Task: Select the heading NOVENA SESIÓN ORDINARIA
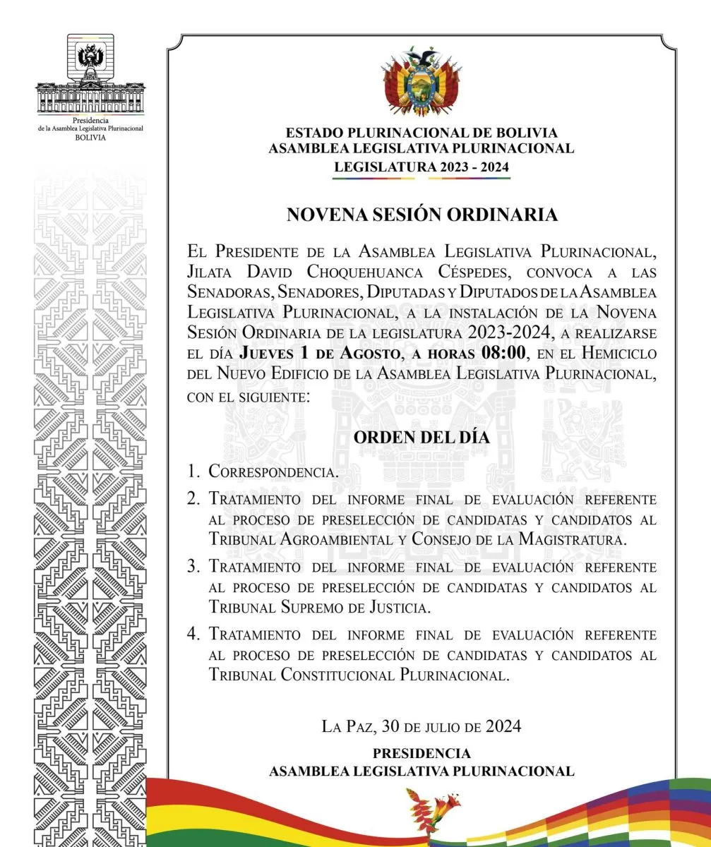(422, 215)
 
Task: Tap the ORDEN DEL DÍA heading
(422, 437)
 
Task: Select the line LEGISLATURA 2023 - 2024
(422, 167)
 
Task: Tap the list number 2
(193, 498)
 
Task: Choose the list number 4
(193, 634)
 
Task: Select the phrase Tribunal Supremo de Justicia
(319, 607)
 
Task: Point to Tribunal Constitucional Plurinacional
(359, 674)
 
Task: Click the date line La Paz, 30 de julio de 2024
(422, 726)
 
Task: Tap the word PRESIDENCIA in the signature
(422, 753)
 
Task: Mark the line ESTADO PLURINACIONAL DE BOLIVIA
(422, 133)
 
